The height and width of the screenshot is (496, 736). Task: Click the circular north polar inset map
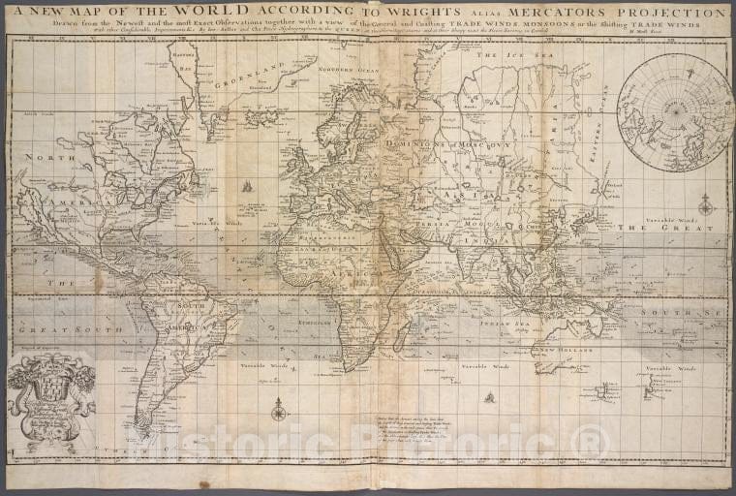click(x=675, y=111)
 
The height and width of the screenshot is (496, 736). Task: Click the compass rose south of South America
click(x=279, y=414)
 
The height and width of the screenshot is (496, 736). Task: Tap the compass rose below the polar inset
click(x=705, y=205)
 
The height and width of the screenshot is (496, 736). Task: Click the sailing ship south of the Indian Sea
click(x=490, y=396)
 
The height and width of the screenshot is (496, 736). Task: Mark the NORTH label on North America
click(x=43, y=157)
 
